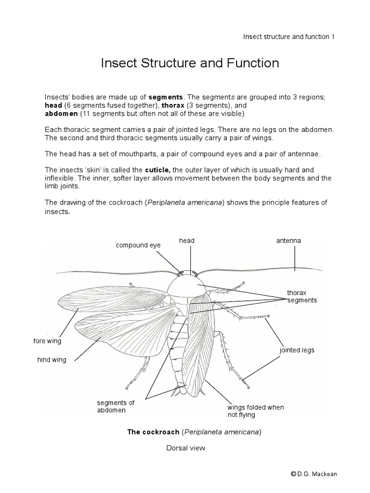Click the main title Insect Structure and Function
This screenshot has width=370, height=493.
[190, 64]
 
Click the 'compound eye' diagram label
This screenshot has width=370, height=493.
[138, 245]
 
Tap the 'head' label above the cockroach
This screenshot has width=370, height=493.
[187, 240]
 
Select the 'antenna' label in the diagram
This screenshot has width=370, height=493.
[288, 240]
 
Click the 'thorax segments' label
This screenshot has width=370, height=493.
[302, 296]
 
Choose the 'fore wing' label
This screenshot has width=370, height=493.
[47, 341]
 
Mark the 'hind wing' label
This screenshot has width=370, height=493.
[52, 360]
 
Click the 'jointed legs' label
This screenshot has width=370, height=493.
[297, 350]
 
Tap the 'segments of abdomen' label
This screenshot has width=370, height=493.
[112, 406]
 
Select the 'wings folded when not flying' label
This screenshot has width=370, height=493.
[255, 411]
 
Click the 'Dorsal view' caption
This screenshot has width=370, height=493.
[185, 448]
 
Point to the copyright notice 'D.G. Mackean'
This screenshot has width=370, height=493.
[314, 474]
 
